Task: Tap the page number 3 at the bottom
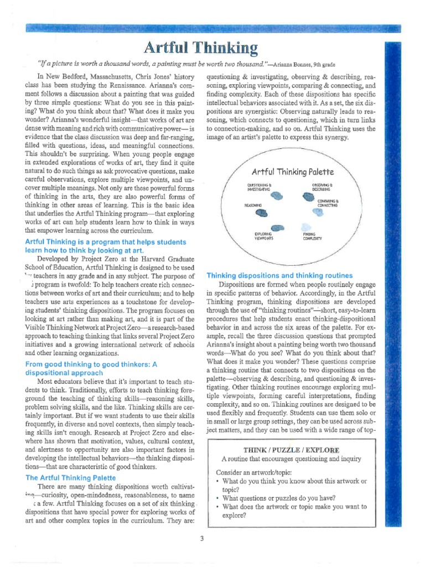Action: pos(203,538)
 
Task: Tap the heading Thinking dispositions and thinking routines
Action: pos(279,275)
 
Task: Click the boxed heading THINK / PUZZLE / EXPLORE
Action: pos(291,449)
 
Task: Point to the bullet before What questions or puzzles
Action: pos(218,497)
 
